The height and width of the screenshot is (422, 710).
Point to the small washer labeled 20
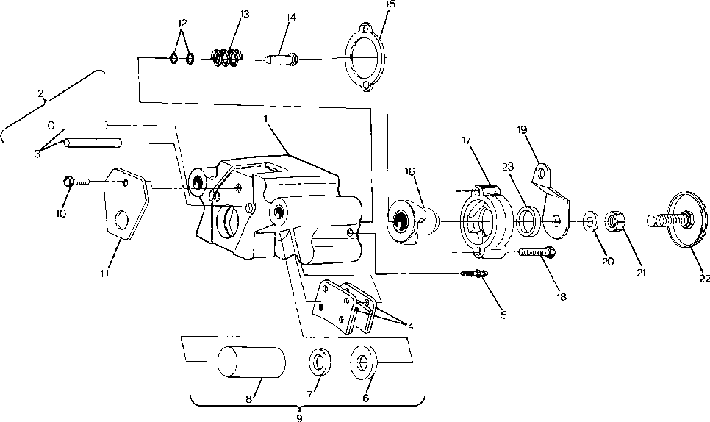tap(590, 220)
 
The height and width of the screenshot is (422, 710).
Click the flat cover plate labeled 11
tap(125, 207)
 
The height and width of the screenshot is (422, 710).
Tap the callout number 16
tap(409, 171)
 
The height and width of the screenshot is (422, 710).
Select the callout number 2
tap(42, 93)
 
